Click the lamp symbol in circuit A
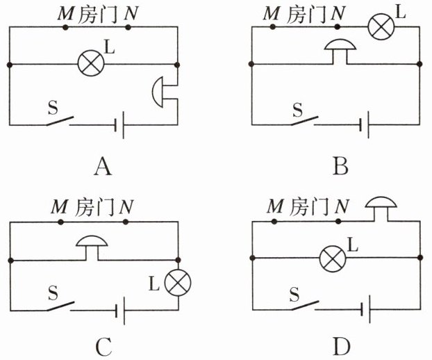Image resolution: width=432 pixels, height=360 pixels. click(x=91, y=63)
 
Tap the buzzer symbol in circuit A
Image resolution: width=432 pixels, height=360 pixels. click(x=158, y=92)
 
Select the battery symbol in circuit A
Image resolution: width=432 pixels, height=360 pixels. click(x=119, y=125)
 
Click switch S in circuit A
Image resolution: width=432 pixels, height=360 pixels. click(x=60, y=121)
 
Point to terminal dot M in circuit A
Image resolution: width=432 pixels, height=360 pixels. click(x=65, y=27)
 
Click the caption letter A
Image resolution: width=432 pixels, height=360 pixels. click(x=103, y=167)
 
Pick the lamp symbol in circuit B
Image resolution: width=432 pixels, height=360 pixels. click(x=381, y=26)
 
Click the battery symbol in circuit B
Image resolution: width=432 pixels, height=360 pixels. click(x=365, y=124)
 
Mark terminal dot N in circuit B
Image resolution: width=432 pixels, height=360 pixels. click(x=337, y=26)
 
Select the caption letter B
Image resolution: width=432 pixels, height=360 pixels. click(x=340, y=166)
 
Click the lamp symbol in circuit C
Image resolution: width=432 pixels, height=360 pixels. click(x=178, y=283)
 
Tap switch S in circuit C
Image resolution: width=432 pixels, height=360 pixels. click(x=60, y=306)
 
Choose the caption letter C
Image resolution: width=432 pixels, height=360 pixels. click(x=104, y=347)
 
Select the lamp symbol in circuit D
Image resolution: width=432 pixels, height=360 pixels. click(x=333, y=259)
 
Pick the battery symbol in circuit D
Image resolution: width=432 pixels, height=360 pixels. click(x=365, y=309)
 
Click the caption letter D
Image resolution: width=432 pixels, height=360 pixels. click(x=342, y=347)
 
